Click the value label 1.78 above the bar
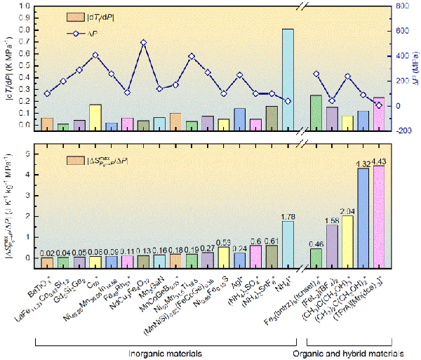coord(288,216)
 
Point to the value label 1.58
coord(332,220)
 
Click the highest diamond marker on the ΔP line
coord(143,42)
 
